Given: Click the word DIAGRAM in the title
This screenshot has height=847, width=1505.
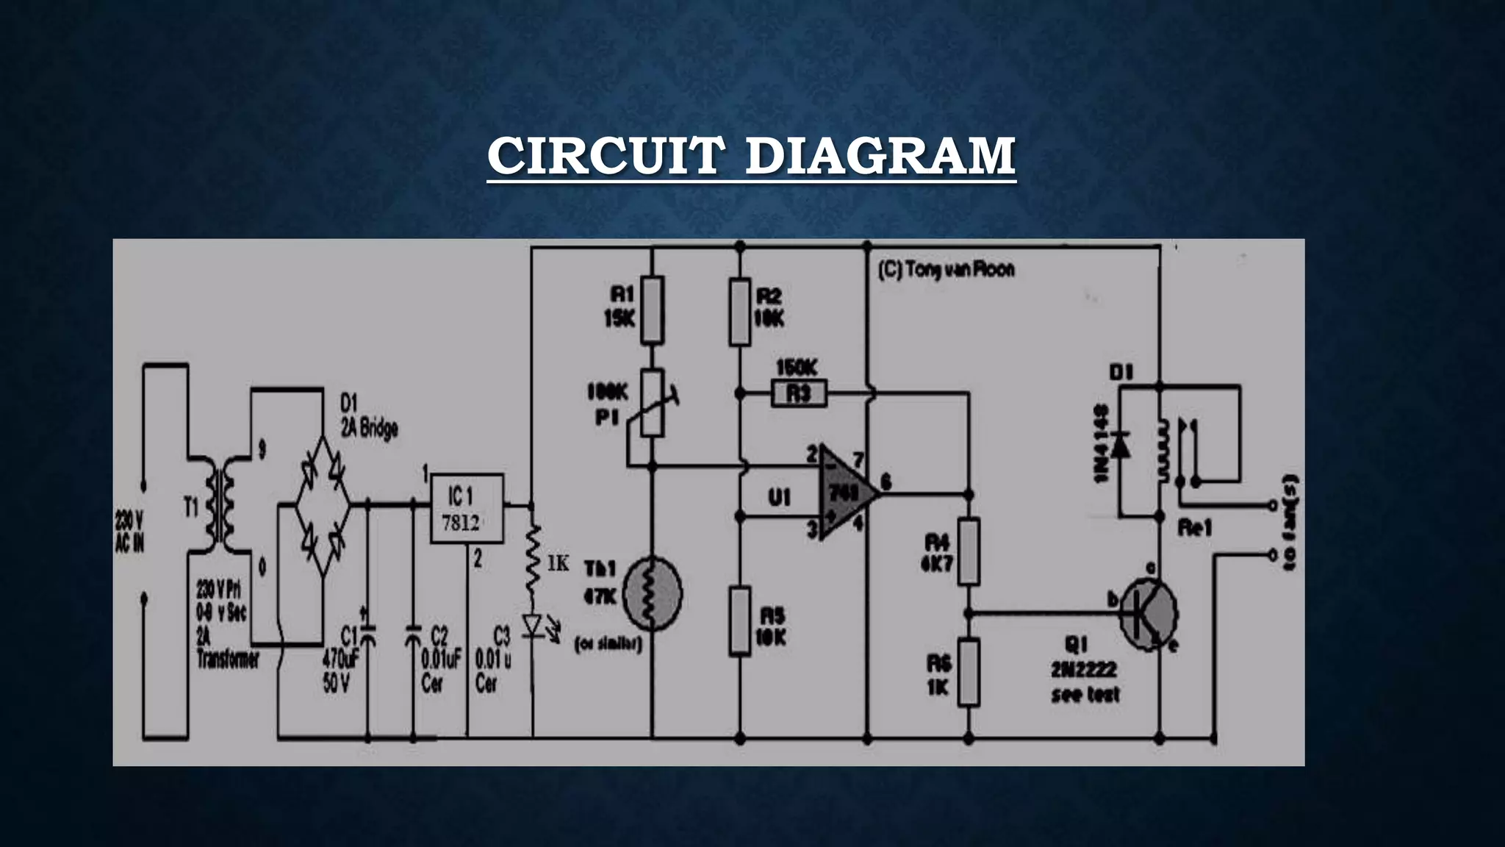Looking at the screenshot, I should point(880,156).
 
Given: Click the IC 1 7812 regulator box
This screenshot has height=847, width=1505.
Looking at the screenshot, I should point(466,509).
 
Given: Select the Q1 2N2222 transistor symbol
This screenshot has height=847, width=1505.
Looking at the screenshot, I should point(1148,614).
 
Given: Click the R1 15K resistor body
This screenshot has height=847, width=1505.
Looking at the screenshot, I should point(652,310).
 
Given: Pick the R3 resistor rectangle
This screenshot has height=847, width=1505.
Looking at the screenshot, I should point(799,393).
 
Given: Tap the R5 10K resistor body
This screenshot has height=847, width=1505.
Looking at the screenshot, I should point(740,621).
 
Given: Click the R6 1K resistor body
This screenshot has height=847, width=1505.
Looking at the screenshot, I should point(969,672).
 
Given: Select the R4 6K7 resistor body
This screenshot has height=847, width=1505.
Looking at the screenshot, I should point(969,551).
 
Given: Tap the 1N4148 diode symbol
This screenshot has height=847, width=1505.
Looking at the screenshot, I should point(1120,444).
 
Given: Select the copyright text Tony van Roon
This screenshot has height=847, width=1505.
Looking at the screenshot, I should point(947,270).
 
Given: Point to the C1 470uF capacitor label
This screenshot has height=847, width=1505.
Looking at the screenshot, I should point(340,659).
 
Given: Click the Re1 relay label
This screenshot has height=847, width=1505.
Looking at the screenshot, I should point(1194,528).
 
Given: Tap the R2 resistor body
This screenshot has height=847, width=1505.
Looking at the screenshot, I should point(740,312).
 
